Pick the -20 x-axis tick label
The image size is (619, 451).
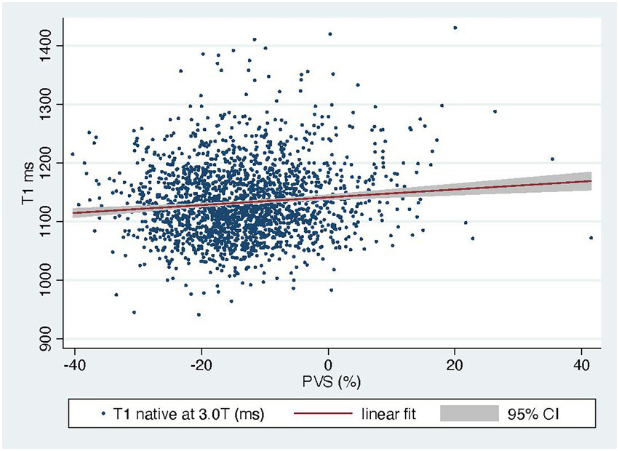[201, 362]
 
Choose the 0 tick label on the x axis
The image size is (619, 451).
[329, 362]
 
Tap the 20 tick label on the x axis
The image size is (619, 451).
[455, 362]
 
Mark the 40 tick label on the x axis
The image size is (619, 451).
[582, 362]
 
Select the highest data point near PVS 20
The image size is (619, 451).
[455, 28]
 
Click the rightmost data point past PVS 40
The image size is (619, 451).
[591, 238]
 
